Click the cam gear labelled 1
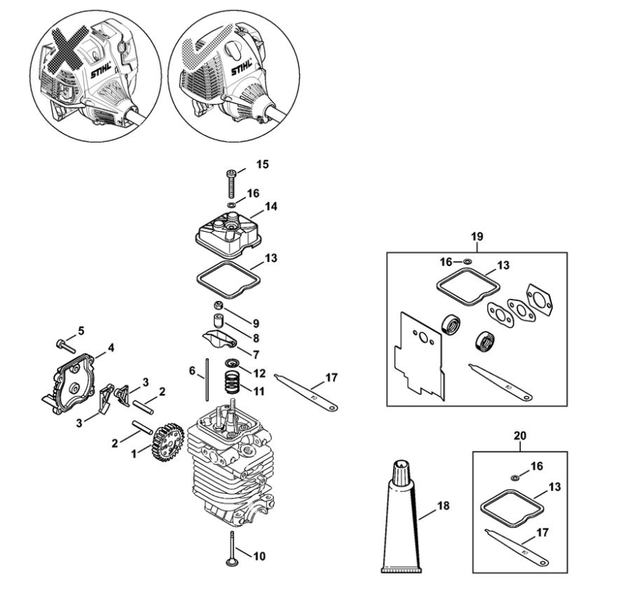point(168,442)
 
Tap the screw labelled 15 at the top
point(231,183)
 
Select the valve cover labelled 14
point(228,235)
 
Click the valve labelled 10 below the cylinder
point(232,549)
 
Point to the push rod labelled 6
point(207,380)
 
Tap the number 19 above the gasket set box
point(476,236)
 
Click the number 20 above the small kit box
point(520,435)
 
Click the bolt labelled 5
point(66,345)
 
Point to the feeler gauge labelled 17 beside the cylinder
point(306,392)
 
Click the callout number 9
point(256,323)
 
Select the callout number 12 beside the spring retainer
point(259,373)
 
